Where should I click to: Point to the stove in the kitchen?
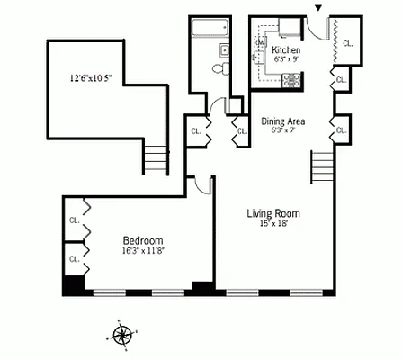coord(291,80)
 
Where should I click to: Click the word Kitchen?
coord(286,50)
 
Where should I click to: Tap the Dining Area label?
coord(283,121)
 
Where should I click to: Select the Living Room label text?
coord(273,213)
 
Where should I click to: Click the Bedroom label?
coord(143,240)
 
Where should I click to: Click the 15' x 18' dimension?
coord(273,224)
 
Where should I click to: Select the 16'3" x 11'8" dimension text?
coord(143,252)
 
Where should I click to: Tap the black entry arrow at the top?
coord(317,9)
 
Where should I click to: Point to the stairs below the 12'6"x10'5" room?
coord(156,160)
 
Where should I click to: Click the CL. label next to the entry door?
coord(347,41)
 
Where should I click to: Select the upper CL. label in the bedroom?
coord(74,219)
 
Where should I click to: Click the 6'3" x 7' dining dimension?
coord(283,131)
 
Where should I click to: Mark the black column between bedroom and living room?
coord(203,288)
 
